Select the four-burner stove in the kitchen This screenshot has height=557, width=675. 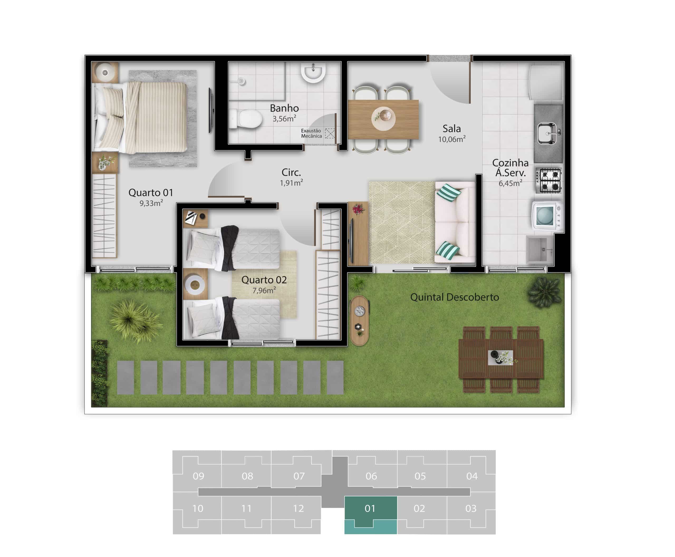[548, 181]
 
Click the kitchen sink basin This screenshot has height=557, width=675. [547, 133]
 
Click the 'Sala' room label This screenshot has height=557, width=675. [451, 129]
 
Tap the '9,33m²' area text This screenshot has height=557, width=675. [151, 203]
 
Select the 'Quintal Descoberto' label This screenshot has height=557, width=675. [454, 297]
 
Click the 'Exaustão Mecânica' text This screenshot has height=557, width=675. [311, 133]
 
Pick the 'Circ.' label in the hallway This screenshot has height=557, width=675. [291, 172]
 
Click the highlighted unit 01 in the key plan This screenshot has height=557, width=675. [370, 515]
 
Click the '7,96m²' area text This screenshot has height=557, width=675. [264, 290]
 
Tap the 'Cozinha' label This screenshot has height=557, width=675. [510, 163]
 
